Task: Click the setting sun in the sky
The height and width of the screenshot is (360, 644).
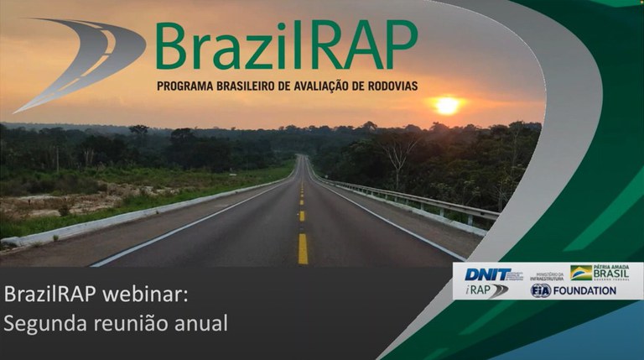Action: point(448,106)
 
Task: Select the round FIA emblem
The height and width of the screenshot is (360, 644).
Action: point(541,290)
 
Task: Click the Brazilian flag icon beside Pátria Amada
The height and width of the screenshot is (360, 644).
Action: point(581,273)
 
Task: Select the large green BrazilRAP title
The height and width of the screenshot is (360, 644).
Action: point(285,46)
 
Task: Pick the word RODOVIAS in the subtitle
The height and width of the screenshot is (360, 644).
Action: point(385,86)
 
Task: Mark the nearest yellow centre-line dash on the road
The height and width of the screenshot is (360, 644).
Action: point(303,248)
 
